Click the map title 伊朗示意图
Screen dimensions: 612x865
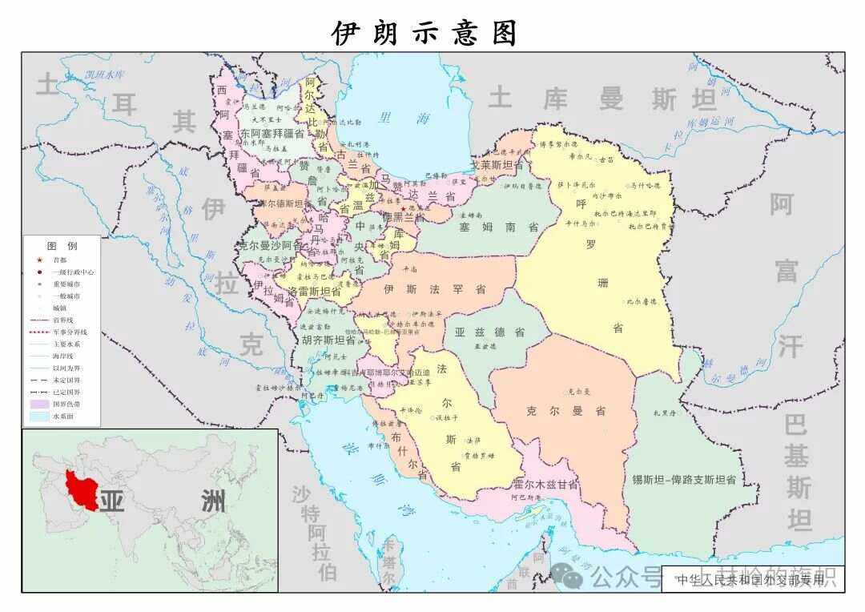point(425,33)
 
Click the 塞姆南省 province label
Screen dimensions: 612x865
point(498,227)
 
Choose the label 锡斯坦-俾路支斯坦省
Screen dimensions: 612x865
point(683,479)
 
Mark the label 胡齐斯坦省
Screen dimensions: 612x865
point(328,340)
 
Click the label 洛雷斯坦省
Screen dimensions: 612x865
point(315,292)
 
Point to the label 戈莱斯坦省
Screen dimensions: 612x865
point(496,165)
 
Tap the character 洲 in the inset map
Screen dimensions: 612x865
point(213,501)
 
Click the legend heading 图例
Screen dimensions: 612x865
point(62,245)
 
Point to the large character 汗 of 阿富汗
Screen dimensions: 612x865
point(789,346)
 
